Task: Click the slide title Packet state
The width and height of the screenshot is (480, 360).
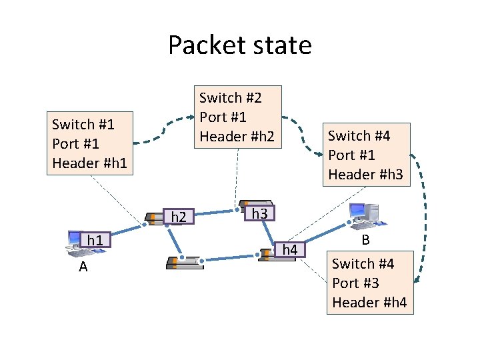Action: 239,45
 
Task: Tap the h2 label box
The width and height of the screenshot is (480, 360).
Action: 179,217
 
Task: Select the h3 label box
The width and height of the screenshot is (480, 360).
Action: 259,214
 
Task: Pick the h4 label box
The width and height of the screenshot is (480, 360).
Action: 290,249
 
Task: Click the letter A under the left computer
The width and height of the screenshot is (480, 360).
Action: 83,267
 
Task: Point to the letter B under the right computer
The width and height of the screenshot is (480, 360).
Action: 365,240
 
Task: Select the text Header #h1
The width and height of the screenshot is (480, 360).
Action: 89,162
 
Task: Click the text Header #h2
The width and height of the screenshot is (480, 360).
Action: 236,136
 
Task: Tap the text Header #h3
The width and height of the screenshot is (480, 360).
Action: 365,174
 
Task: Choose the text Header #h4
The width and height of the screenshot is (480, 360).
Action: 369,302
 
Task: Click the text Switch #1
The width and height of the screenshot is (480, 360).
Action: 83,124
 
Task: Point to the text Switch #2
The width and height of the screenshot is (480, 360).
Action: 231,98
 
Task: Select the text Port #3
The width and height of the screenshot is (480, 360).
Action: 355,283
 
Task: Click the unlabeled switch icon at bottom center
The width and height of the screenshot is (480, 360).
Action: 184,261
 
